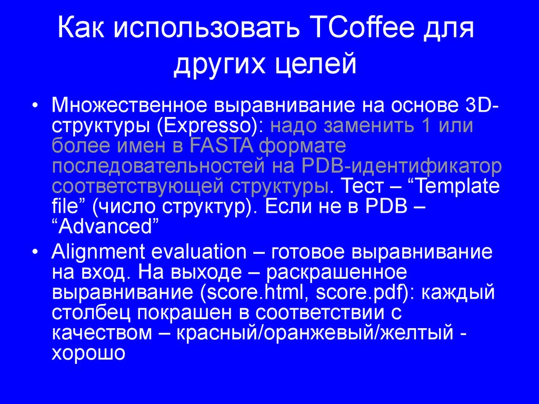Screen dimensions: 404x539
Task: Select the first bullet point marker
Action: [35, 105]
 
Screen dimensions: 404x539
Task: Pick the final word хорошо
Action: [88, 353]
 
